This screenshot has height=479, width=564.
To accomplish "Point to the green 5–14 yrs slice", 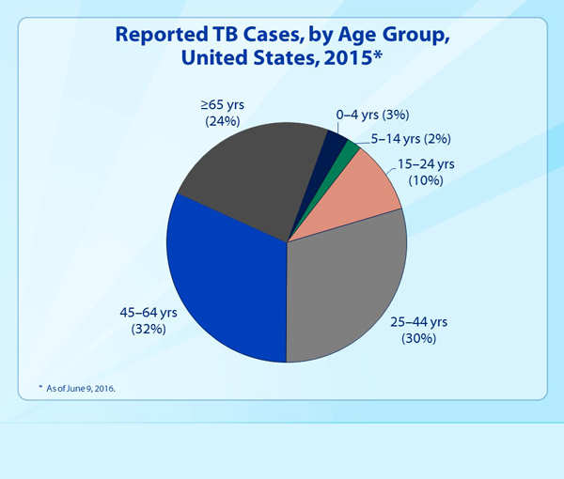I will click(x=349, y=150).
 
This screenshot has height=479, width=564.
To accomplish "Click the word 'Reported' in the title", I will click(x=165, y=36).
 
